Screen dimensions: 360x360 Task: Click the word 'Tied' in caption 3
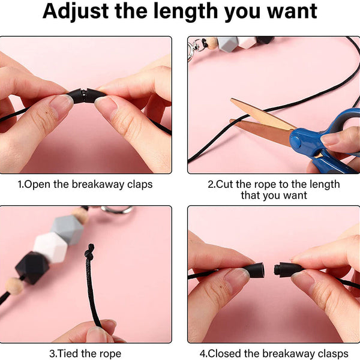[67, 353]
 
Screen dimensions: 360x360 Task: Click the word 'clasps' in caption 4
[333, 354]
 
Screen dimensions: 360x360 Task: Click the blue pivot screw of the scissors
[296, 141]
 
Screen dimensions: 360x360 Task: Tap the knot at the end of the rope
[90, 252]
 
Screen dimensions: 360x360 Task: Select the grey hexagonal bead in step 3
[67, 230]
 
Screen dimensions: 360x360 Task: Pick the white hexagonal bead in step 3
[50, 247]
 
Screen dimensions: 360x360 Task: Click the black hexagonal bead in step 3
[32, 268]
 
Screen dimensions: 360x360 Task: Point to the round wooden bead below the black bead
[14, 286]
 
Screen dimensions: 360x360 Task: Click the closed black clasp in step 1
[86, 96]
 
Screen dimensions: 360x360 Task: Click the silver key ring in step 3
[116, 209]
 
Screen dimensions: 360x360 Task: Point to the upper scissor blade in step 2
[262, 113]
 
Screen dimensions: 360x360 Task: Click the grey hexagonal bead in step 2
[227, 44]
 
